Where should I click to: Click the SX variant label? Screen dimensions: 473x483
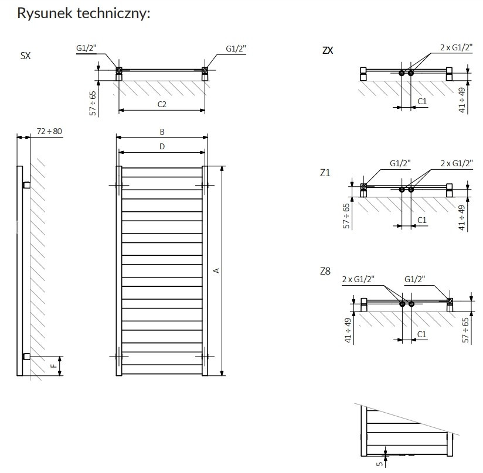[26, 56]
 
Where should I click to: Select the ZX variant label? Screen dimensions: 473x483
[328, 50]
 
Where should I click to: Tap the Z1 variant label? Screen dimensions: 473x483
[325, 173]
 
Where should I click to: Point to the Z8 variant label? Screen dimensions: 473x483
[325, 271]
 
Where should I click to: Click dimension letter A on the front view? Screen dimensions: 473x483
[216, 270]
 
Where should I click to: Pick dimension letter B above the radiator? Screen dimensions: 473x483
[162, 132]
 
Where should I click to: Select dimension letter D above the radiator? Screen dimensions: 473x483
[162, 146]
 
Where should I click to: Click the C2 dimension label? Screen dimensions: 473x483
[162, 104]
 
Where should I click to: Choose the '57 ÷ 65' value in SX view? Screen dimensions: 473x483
[93, 103]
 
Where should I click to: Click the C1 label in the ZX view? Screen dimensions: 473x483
[422, 102]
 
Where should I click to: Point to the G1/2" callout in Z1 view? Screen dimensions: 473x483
[400, 163]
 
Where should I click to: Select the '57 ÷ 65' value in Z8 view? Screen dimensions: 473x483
[465, 330]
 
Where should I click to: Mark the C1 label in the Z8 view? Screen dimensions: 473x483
[421, 334]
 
